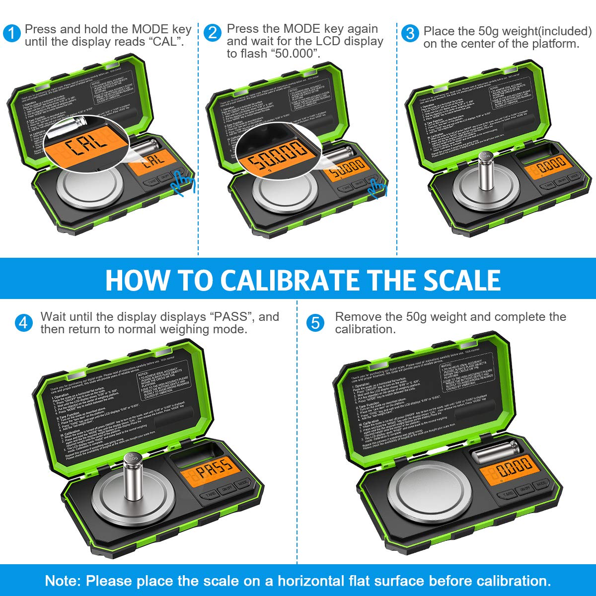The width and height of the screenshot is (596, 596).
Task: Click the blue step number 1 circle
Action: pos(12,33)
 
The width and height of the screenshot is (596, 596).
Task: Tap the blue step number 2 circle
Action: pos(213,33)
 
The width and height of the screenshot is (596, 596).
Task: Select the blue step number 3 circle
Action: pos(410,33)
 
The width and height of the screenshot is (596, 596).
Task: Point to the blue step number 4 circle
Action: pos(23,323)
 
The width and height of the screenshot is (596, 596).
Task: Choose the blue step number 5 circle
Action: pos(315,323)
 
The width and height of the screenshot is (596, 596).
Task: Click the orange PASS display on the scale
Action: pos(215,470)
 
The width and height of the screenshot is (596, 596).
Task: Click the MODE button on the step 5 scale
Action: pos(541,483)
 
